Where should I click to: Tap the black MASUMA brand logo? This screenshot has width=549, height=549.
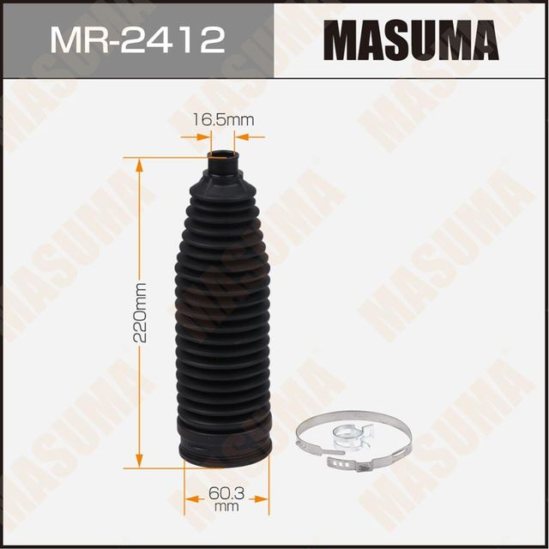tap(412, 39)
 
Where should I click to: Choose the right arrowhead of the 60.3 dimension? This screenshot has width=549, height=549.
tap(264, 495)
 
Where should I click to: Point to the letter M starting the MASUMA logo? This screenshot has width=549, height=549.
tap(341, 39)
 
